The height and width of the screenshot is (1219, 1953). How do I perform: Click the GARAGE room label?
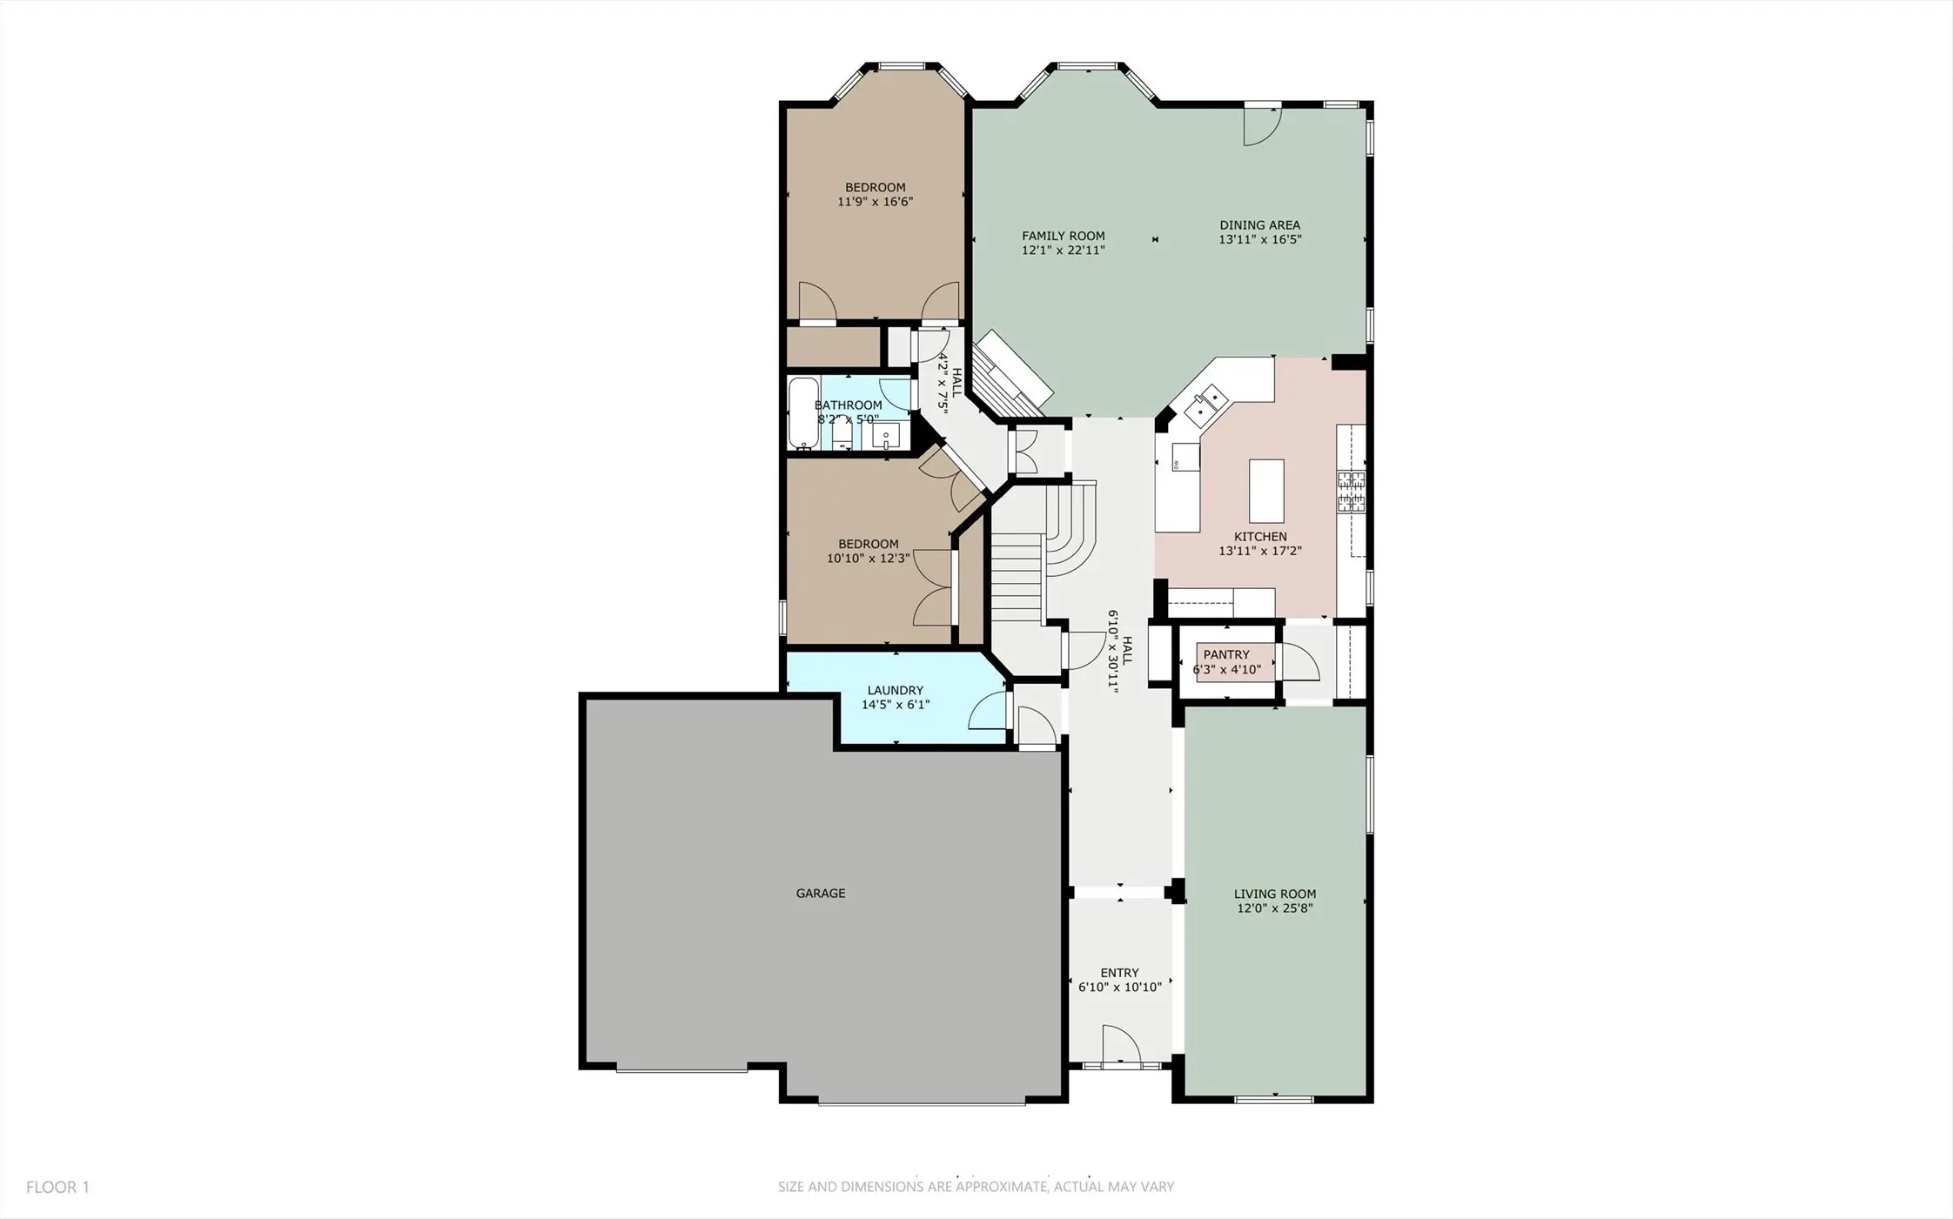click(821, 893)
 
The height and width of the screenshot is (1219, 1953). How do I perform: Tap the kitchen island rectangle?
click(1266, 491)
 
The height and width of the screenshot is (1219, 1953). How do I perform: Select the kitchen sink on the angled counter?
click(1207, 403)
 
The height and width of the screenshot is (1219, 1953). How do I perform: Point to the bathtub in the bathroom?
click(802, 413)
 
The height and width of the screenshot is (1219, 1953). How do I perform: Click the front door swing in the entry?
click(1121, 1044)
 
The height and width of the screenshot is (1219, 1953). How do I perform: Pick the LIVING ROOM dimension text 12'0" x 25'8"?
click(1275, 908)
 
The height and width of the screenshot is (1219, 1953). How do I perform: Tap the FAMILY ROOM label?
click(1064, 236)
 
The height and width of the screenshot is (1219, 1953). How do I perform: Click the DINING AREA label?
click(1260, 225)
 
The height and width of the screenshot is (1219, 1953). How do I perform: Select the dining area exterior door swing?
click(1263, 126)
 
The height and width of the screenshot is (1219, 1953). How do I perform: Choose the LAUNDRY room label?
click(896, 691)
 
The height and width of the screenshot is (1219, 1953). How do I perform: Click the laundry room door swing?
click(988, 711)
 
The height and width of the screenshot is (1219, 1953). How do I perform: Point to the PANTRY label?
click(1226, 654)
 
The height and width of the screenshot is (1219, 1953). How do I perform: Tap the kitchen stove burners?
click(1352, 490)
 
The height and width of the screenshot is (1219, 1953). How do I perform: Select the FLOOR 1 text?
click(57, 1187)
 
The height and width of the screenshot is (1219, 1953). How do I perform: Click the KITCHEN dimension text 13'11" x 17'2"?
click(1260, 551)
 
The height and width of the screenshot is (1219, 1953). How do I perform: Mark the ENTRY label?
click(1119, 973)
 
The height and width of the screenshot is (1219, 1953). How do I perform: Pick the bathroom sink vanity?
click(887, 435)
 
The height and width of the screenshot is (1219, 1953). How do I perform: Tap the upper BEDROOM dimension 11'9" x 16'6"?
click(876, 202)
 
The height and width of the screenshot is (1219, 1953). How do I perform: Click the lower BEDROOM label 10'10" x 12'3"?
click(869, 551)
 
